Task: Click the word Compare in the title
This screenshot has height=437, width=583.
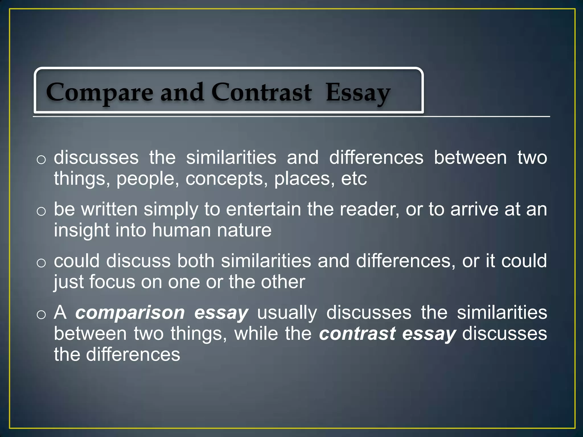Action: pyautogui.click(x=100, y=92)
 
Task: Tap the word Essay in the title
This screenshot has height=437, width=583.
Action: pyautogui.click(x=358, y=92)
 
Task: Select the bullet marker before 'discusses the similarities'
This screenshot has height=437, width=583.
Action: pyautogui.click(x=41, y=160)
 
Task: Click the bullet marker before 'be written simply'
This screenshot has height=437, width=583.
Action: pyautogui.click(x=41, y=211)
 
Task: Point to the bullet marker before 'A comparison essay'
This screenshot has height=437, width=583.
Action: pyautogui.click(x=41, y=315)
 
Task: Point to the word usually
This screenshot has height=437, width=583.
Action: pyautogui.click(x=287, y=313)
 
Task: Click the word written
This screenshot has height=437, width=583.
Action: pyautogui.click(x=109, y=209)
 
